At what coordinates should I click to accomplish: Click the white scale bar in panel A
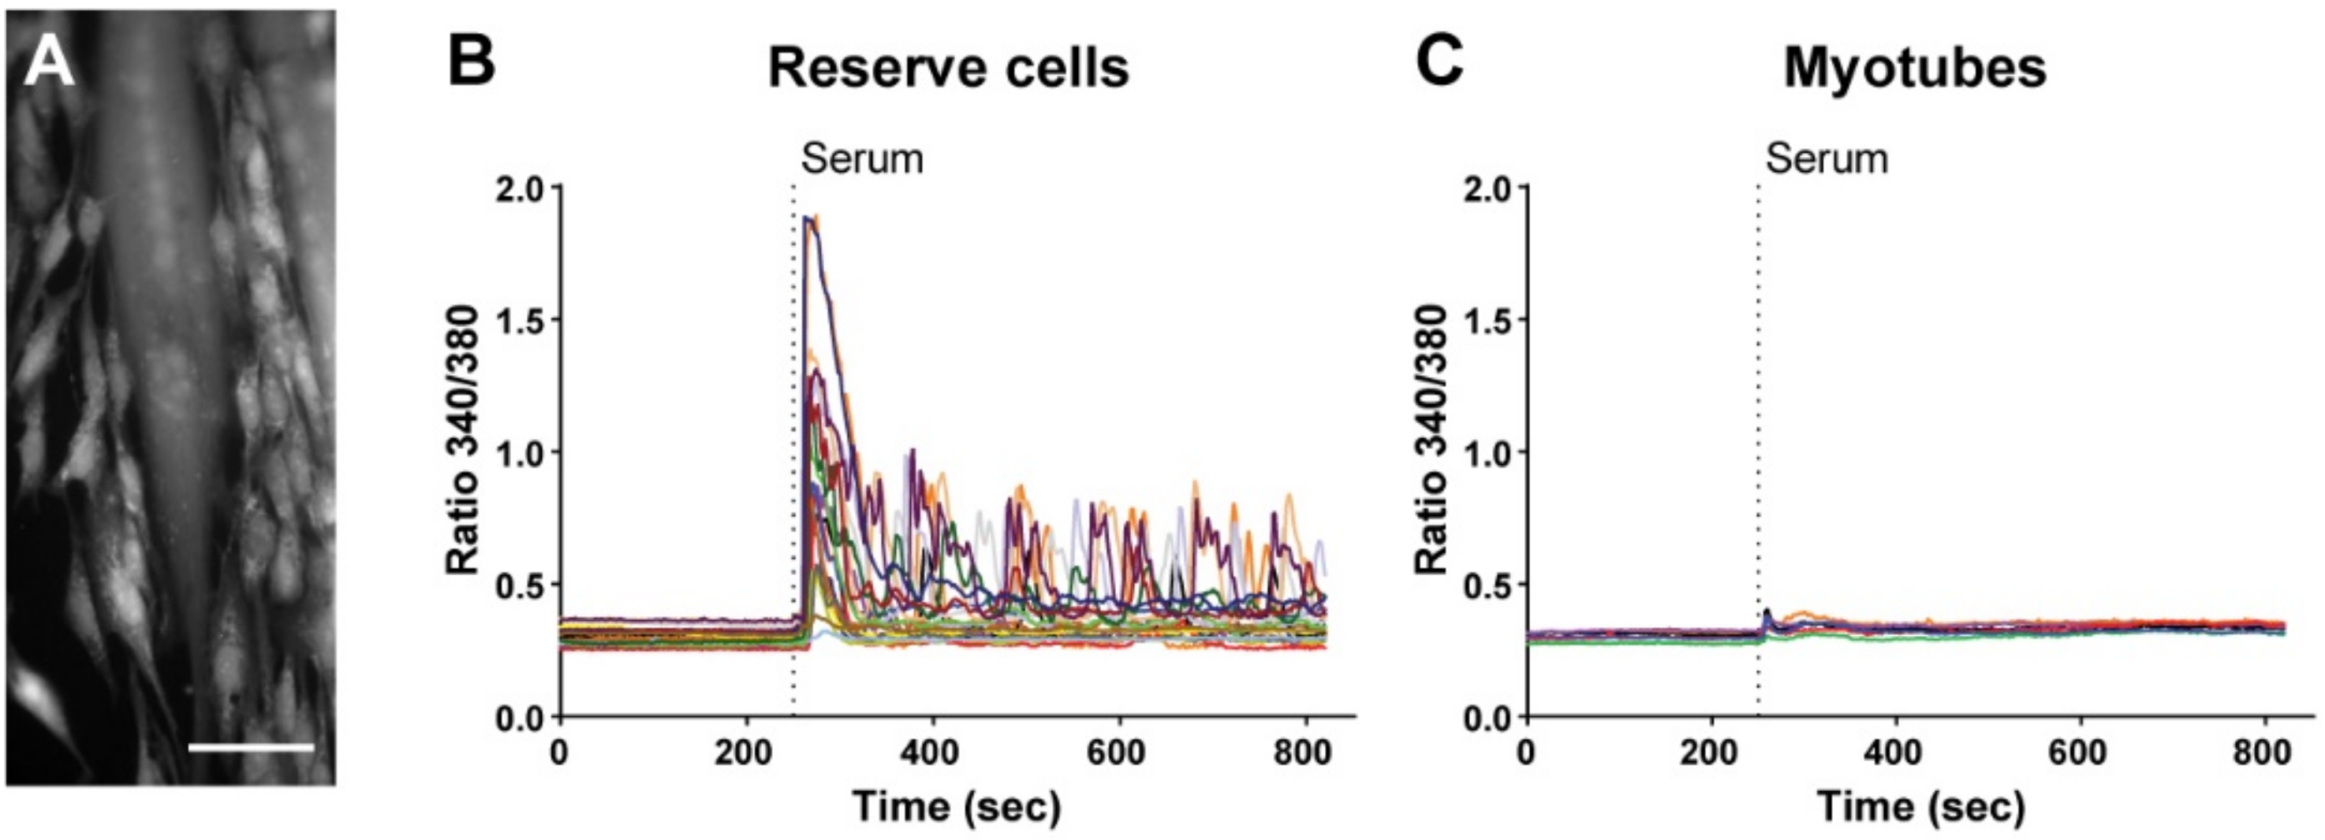coord(251,747)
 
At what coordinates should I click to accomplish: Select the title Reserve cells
coord(948,68)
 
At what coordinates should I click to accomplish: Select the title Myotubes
coord(1914,68)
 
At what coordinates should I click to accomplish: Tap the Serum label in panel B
coord(862,160)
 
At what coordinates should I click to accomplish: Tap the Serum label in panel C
coord(1827,160)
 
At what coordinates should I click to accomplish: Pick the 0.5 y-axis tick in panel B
coord(521,585)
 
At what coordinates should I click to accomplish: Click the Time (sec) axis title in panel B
coord(957,805)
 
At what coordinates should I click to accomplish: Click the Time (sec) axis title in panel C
coord(1920,805)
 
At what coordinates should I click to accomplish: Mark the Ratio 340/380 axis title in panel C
coord(1431,440)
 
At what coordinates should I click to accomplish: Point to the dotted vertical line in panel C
coord(1758,452)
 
